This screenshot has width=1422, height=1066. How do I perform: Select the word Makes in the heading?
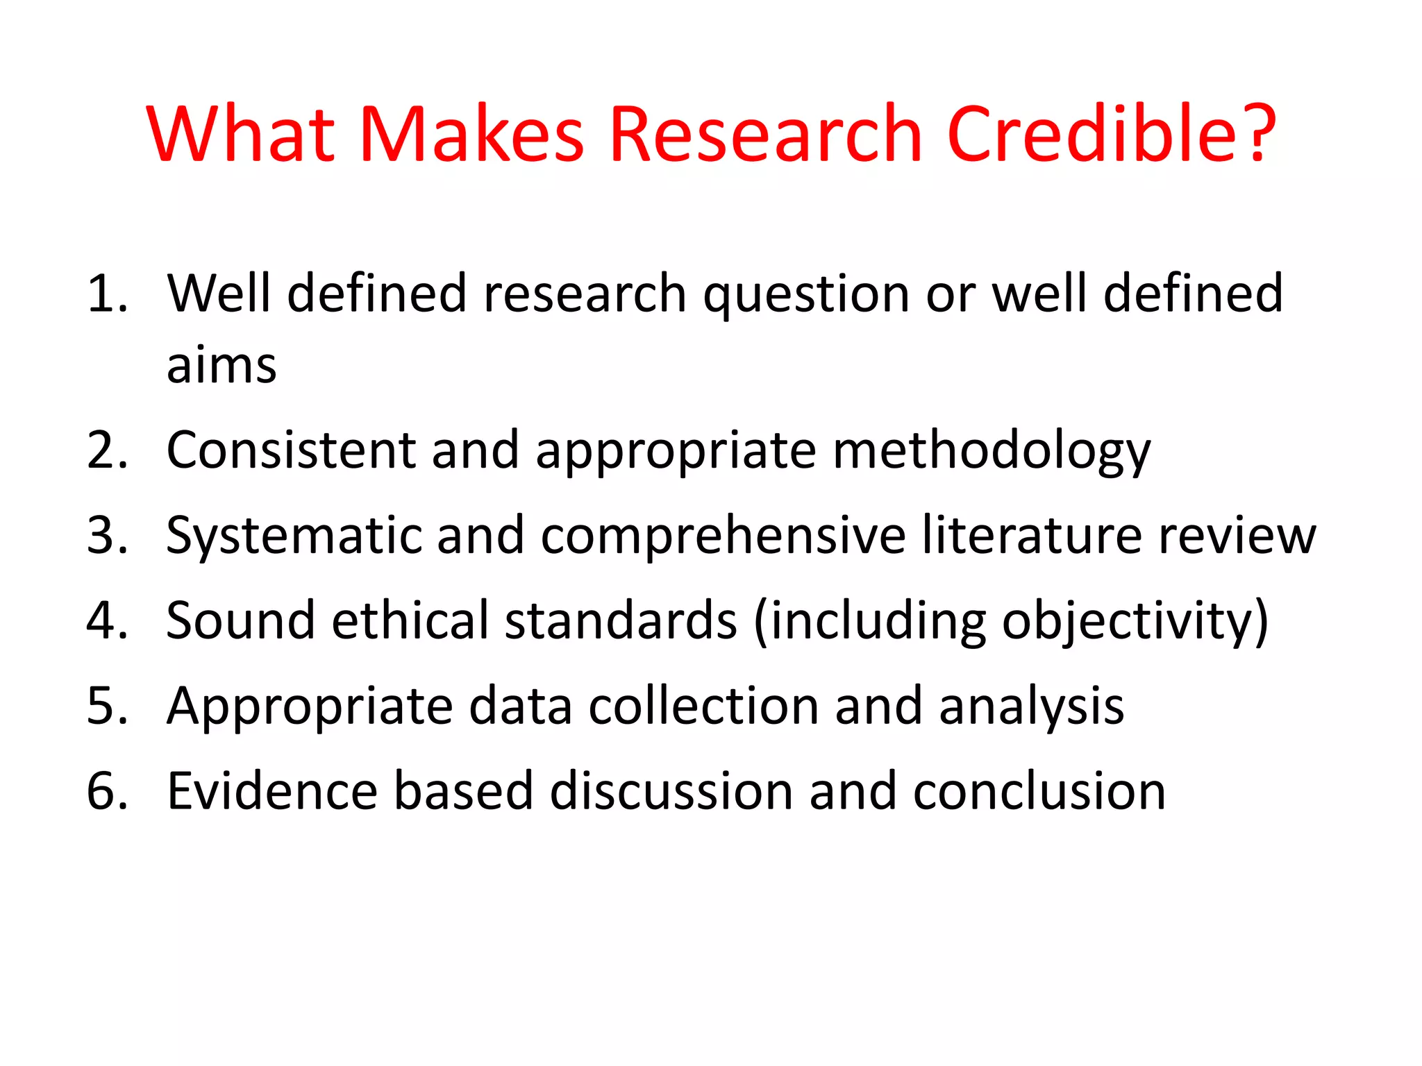pos(471,133)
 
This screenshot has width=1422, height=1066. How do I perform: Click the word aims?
pos(221,366)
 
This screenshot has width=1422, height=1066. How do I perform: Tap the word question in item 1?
pos(806,295)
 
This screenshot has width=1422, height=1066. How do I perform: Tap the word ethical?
pos(410,620)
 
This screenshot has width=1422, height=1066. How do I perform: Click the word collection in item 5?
pos(703,706)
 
